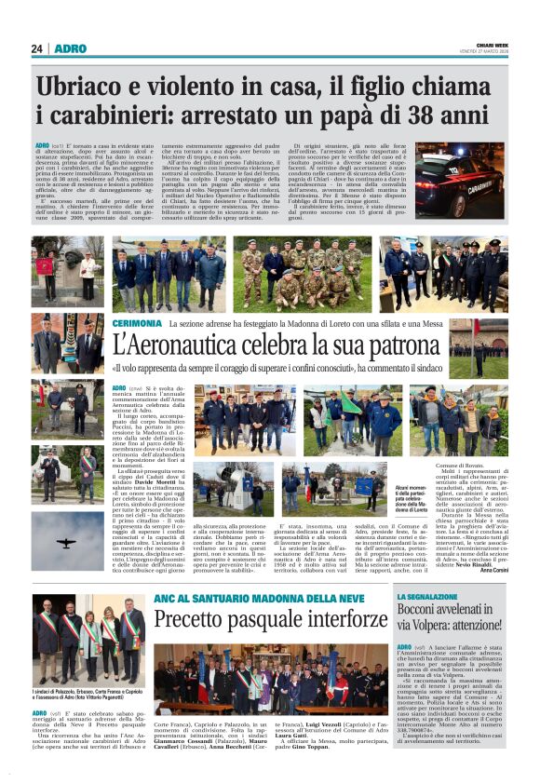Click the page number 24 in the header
click(x=36, y=48)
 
